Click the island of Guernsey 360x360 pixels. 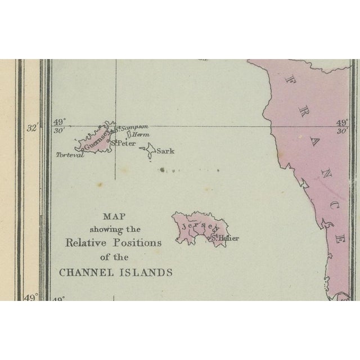pos(93,141)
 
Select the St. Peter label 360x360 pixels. pos(124,144)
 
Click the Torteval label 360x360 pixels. pos(70,155)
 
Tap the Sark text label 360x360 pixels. pos(166,151)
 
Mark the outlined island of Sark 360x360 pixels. pos(149,151)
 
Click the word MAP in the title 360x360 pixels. pos(114,216)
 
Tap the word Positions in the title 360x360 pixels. pos(139,243)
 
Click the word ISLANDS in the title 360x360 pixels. pos(146,272)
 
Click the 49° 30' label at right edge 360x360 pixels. pos(341,126)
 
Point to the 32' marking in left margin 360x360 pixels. pos(31,128)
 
